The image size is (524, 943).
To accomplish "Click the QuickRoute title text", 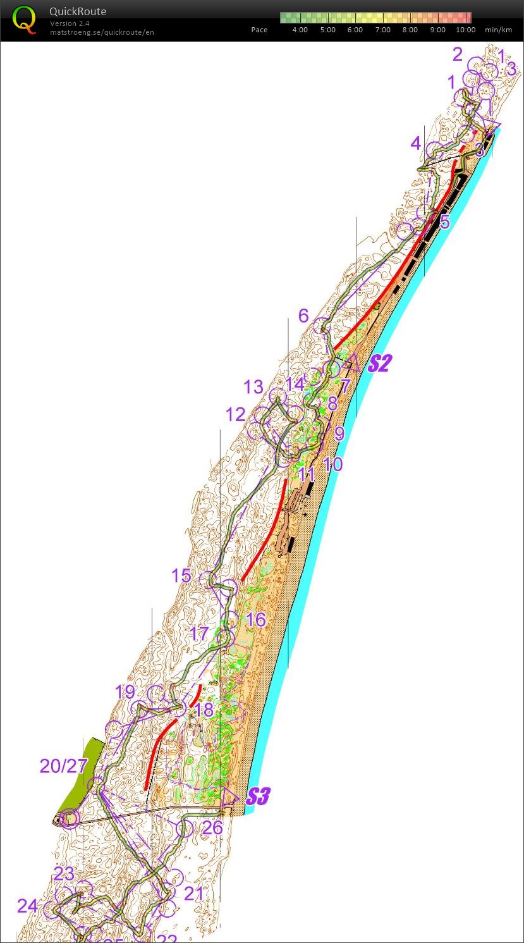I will coord(78,11).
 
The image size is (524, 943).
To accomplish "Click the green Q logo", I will coord(24,19).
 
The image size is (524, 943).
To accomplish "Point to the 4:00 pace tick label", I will coord(300,30).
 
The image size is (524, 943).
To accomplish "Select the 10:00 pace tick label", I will coord(465,30).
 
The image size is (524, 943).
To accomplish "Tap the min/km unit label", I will coord(499,30).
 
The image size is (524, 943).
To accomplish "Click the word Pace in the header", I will coord(259,30).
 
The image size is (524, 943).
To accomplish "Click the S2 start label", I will coord(381,364).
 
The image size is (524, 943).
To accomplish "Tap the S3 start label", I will coord(258,797).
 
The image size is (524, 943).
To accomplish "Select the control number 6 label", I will coord(303,316).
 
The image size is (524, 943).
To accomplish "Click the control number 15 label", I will coord(181,576).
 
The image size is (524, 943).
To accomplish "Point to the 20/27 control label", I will coord(63,766).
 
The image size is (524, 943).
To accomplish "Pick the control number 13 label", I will coord(253,386).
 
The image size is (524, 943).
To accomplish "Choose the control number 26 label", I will coord(212,827).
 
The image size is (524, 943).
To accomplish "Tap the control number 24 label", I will coord(27,906).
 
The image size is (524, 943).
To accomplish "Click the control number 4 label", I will coord(415,143).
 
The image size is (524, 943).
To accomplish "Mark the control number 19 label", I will coord(125,692).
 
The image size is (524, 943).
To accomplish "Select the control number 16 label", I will coord(255,619).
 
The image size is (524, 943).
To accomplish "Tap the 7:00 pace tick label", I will coord(382,30).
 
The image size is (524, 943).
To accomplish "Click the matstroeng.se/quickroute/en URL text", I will coord(102,32).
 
